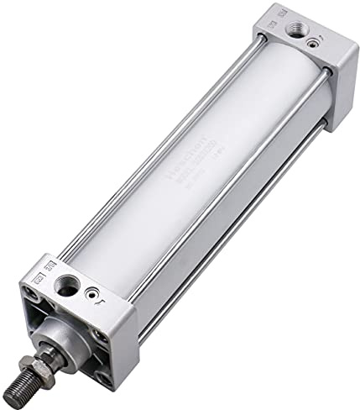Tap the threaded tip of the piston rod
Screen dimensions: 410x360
[x=21, y=391]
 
